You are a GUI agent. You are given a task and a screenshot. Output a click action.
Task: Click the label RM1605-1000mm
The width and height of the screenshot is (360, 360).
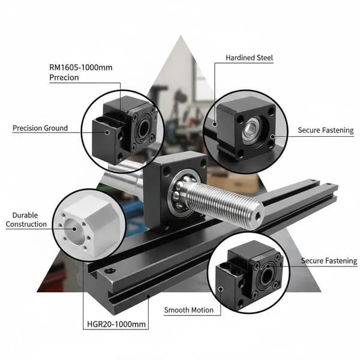click(81, 67)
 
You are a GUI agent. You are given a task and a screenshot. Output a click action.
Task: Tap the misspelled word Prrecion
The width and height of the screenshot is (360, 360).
click(64, 77)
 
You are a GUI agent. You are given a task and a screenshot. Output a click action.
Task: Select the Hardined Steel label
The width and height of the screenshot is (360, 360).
click(250, 58)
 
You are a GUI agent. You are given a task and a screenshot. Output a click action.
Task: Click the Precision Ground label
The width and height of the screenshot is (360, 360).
click(40, 128)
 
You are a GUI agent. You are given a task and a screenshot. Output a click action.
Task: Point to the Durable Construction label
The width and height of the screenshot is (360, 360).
click(26, 220)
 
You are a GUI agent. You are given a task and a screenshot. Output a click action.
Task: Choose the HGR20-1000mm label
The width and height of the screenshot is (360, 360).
click(116, 324)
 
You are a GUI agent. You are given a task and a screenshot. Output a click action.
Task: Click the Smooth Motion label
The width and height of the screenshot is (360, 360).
click(189, 310)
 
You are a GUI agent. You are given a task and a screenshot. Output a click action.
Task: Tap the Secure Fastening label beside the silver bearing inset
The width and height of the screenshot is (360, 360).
click(326, 130)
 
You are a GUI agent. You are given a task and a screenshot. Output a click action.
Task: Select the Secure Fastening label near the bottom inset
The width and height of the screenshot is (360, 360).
click(329, 261)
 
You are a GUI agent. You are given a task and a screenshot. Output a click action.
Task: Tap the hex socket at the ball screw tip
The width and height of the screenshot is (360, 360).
click(257, 215)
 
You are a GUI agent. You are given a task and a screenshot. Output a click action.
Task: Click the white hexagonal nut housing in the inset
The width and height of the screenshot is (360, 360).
click(88, 225)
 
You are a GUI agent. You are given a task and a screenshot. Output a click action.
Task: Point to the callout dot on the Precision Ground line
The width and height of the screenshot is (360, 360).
click(107, 133)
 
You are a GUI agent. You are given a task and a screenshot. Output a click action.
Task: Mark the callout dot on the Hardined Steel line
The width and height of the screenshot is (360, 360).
click(215, 124)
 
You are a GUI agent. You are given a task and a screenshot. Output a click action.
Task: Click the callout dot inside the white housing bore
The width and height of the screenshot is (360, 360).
click(74, 229)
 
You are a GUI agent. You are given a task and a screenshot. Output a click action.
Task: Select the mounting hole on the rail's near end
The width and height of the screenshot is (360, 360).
click(110, 271)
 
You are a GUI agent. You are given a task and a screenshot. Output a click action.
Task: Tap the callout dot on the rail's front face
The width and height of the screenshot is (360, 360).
click(148, 296)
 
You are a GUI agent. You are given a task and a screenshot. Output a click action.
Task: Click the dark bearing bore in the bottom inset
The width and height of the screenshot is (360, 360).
click(266, 276)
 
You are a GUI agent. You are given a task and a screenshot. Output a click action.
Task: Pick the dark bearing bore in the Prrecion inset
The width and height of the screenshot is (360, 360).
click(143, 127)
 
